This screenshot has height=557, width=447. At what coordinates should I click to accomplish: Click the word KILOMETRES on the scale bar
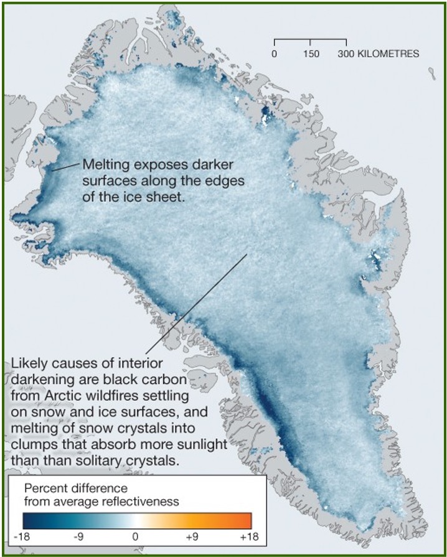387,54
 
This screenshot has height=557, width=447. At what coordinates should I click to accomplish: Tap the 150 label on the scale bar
311,54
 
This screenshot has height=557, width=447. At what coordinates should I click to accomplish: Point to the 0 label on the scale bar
274,54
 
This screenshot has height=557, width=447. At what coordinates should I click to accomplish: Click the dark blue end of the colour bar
28,519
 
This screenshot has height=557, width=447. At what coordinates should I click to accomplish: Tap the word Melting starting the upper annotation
103,165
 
